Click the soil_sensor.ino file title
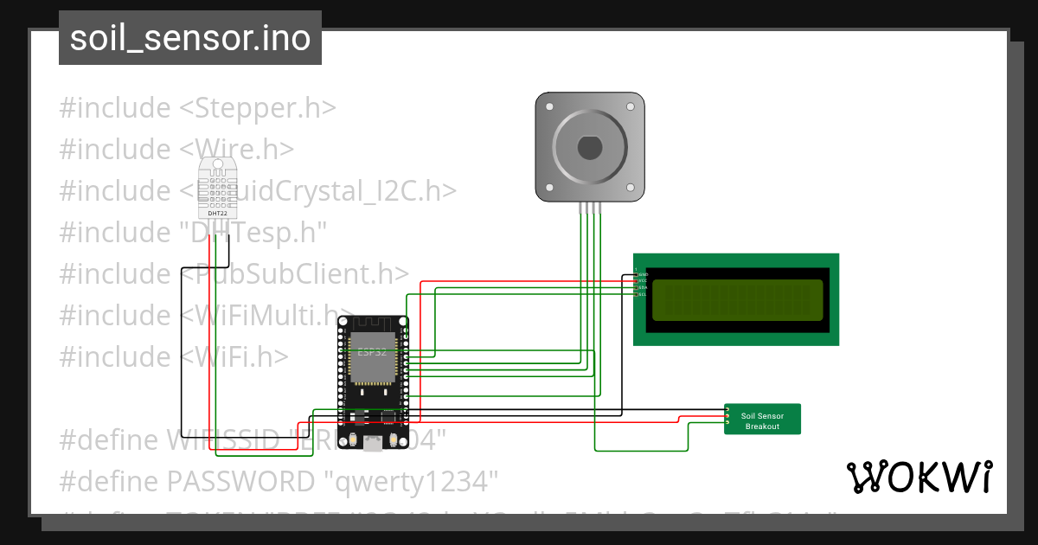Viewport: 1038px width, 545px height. point(190,38)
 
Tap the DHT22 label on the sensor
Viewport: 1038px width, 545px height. point(217,213)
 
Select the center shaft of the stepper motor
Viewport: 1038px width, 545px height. point(589,147)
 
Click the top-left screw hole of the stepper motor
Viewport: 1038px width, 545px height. point(547,104)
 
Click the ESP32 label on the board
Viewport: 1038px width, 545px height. point(372,352)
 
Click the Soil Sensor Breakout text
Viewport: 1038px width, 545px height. point(762,420)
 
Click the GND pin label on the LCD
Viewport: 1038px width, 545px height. point(642,274)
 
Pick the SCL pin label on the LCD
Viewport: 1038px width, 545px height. point(642,295)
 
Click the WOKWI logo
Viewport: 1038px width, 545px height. point(919,477)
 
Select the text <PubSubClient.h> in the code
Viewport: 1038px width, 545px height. point(294,273)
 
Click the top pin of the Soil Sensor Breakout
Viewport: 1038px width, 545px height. point(728,409)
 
